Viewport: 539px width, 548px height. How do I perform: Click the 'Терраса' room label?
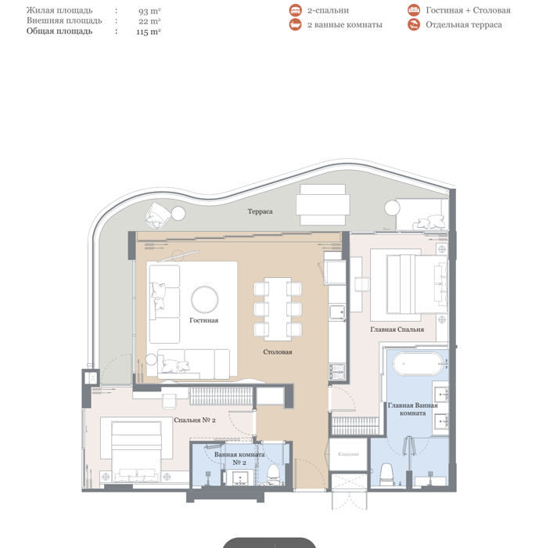click(x=260, y=211)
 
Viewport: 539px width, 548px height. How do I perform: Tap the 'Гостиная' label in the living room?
click(x=203, y=320)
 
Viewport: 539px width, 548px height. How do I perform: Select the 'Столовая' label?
click(x=278, y=352)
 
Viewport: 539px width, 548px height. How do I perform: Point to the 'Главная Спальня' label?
click(x=397, y=330)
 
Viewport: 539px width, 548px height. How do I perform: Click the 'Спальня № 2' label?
click(x=195, y=420)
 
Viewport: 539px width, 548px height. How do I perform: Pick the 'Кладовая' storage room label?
click(x=348, y=454)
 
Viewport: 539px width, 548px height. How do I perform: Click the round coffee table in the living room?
click(x=205, y=300)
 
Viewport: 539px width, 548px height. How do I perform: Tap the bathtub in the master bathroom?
click(x=418, y=363)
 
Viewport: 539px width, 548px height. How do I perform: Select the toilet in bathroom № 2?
click(x=273, y=474)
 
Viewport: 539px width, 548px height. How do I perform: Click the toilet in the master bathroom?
click(x=386, y=474)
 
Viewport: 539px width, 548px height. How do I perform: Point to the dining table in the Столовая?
click(x=278, y=309)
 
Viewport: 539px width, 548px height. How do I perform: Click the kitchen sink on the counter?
click(x=337, y=312)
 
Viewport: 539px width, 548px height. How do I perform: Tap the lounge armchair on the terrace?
click(x=157, y=215)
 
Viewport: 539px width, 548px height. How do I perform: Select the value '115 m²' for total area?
click(x=148, y=32)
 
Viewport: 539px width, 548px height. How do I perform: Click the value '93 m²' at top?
click(x=149, y=11)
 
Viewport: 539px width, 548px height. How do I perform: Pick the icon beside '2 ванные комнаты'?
click(x=295, y=24)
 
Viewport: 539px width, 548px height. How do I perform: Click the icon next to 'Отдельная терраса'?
click(x=414, y=24)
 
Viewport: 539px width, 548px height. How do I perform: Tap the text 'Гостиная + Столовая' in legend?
click(x=468, y=10)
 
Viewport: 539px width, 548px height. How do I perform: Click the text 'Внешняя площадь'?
click(x=64, y=20)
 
